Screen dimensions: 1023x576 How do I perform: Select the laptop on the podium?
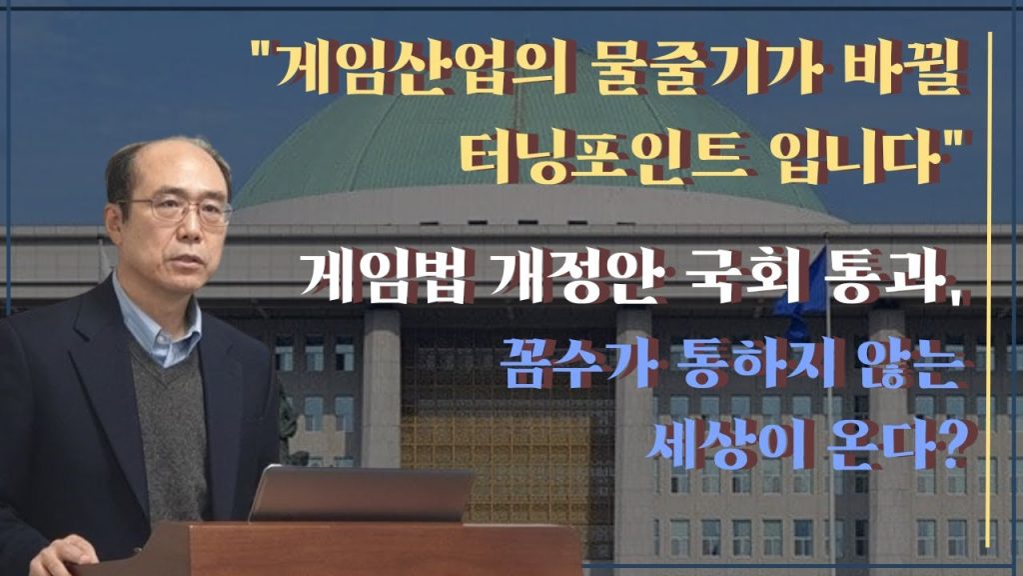click(x=361, y=494)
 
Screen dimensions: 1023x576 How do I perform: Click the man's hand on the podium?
click(x=63, y=555)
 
